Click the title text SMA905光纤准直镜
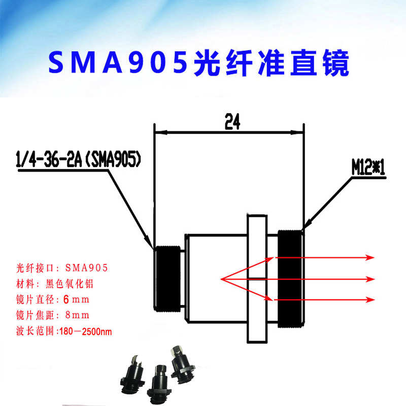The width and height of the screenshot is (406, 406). [198, 63]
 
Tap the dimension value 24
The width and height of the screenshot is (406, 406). [231, 122]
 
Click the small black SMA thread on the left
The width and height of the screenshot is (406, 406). [167, 278]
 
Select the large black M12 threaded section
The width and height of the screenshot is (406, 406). [290, 278]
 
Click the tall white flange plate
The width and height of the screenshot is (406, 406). [256, 278]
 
